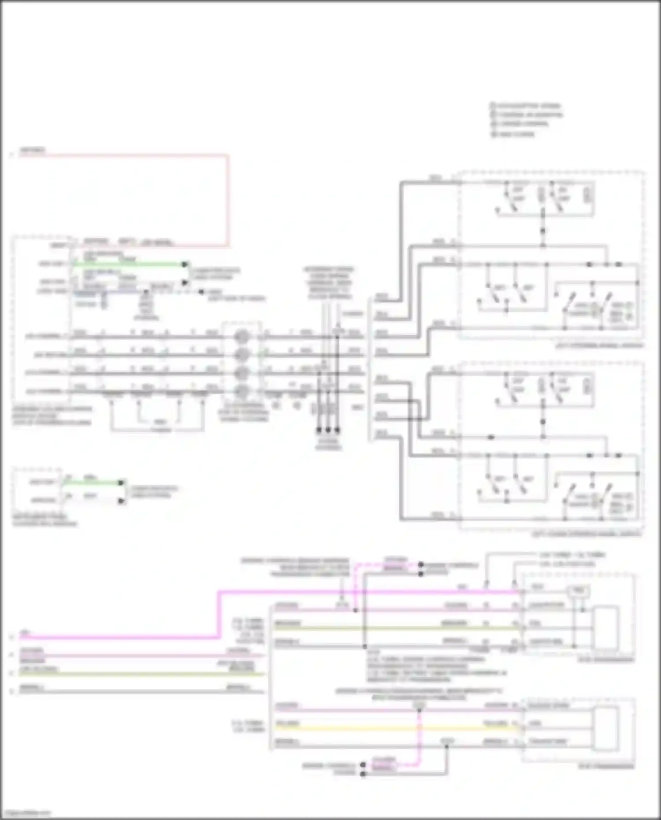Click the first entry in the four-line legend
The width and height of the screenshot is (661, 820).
525,106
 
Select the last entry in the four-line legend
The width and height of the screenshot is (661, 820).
513,134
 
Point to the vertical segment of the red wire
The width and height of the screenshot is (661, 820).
228,200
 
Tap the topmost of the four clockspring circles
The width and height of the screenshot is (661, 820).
241,337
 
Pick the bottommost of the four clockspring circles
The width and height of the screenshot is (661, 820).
241,391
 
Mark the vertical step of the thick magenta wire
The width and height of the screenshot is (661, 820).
219,615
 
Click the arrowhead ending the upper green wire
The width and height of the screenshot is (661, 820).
185,264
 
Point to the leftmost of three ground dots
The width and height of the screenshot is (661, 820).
319,430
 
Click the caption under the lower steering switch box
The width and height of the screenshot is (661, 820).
586,534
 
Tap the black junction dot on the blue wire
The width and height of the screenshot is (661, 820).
146,292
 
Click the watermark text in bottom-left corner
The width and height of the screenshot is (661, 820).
26,813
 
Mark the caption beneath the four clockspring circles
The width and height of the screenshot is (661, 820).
244,412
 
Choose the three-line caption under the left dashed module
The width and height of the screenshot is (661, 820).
52,416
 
